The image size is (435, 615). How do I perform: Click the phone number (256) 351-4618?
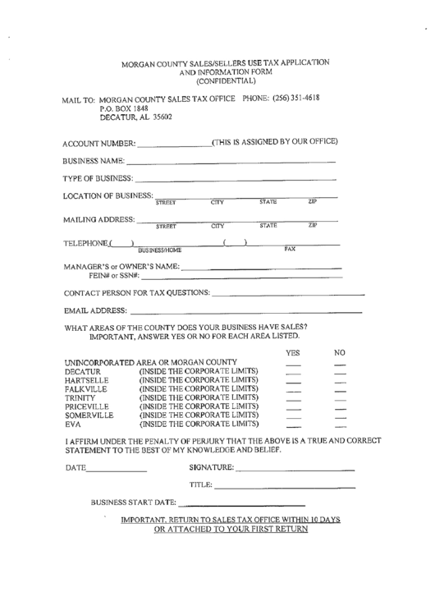coord(296,99)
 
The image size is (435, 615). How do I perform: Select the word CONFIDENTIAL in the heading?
coord(226,81)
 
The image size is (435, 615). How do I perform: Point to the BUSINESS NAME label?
coord(94,160)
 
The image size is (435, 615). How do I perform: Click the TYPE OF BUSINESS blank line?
coord(236,179)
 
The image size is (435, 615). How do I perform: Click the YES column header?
coord(293,352)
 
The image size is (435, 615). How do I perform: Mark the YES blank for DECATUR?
coord(293,375)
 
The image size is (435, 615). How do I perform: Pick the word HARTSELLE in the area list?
coord(86,382)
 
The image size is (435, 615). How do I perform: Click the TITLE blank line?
coord(284,489)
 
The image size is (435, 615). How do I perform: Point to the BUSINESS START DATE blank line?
coord(242,504)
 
